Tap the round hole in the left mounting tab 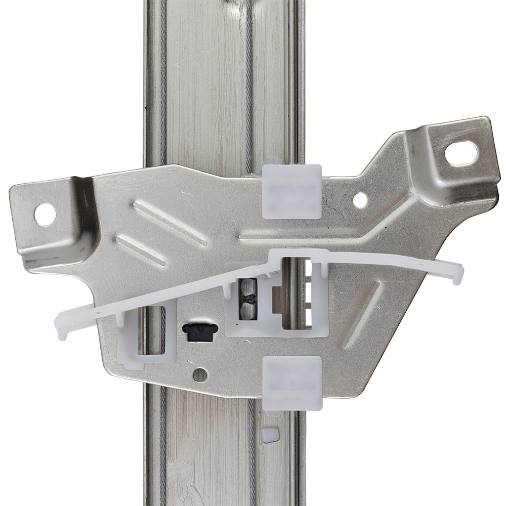pos(45,214)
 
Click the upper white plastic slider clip pos(292,191)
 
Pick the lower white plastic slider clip pos(293,383)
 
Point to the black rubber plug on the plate pos(200,332)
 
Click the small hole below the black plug pos(200,374)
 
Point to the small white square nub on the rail pos(270,434)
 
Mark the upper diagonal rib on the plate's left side pos(170,223)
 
